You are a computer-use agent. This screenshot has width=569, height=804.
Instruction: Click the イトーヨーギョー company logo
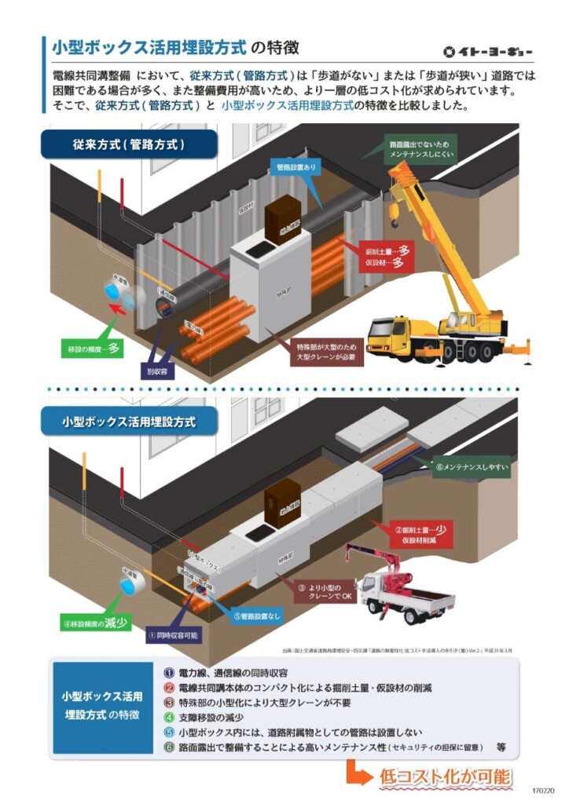[x=487, y=53]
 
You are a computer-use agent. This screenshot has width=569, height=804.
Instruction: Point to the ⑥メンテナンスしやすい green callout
[x=472, y=468]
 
